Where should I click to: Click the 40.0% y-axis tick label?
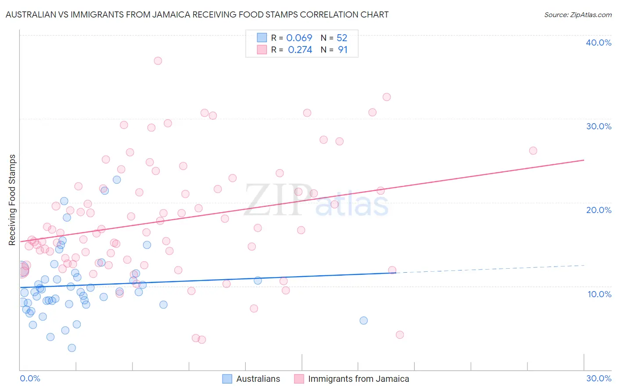(599, 43)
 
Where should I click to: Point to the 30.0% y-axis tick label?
(599, 126)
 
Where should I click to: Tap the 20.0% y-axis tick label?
(599, 210)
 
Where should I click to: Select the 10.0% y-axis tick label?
(599, 294)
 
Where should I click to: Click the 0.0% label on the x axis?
(30, 378)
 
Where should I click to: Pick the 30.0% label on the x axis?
(599, 378)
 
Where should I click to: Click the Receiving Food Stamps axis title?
(12, 200)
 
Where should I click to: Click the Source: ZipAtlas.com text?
(578, 14)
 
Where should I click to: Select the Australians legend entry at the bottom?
(258, 379)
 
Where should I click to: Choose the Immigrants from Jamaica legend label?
(358, 379)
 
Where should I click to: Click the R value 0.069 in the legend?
(299, 38)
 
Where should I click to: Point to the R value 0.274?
(300, 50)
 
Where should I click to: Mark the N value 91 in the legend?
(342, 50)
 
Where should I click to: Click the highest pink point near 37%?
(158, 61)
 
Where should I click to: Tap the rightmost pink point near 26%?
(533, 151)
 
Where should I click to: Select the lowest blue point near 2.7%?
(72, 348)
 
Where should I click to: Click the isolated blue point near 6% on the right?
(364, 320)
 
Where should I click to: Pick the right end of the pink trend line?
(584, 160)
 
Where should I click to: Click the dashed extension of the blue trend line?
(491, 269)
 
